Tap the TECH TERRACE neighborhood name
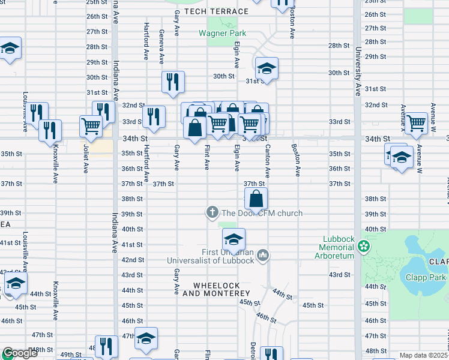pyautogui.click(x=216, y=11)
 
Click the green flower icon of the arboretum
pyautogui.click(x=364, y=245)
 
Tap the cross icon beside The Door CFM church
pyautogui.click(x=212, y=212)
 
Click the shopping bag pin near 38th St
pyautogui.click(x=256, y=198)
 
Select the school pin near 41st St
pyautogui.click(x=234, y=240)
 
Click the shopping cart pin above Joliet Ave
pyautogui.click(x=91, y=125)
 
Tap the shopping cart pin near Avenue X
pyautogui.click(x=416, y=123)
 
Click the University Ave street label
pyautogui.click(x=358, y=72)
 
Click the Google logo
pyautogui.click(x=20, y=353)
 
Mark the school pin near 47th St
pyautogui.click(x=146, y=339)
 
